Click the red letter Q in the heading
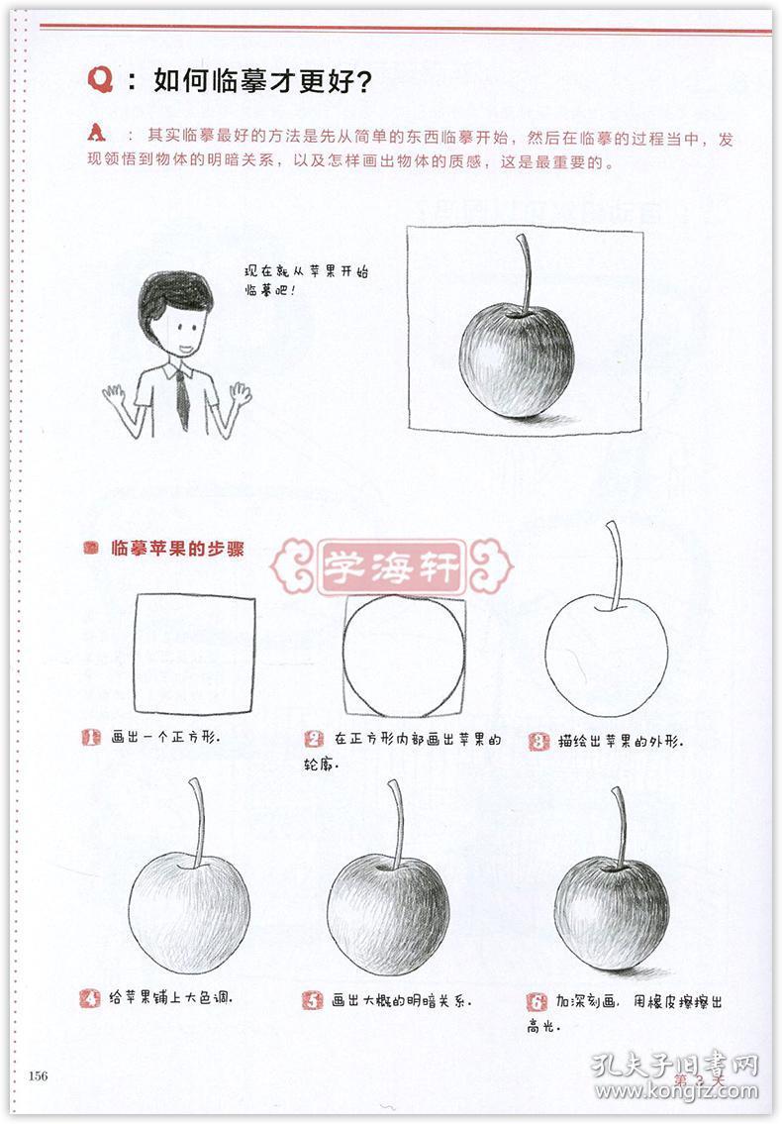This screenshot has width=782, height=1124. point(101,81)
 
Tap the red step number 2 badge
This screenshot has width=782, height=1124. point(315,739)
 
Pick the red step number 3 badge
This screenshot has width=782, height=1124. point(538,741)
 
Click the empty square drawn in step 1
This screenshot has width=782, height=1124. point(194,654)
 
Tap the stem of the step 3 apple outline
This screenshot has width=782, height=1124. point(616,565)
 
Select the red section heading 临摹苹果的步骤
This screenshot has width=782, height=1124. point(177,548)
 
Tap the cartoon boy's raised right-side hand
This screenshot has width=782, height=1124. point(238,395)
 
